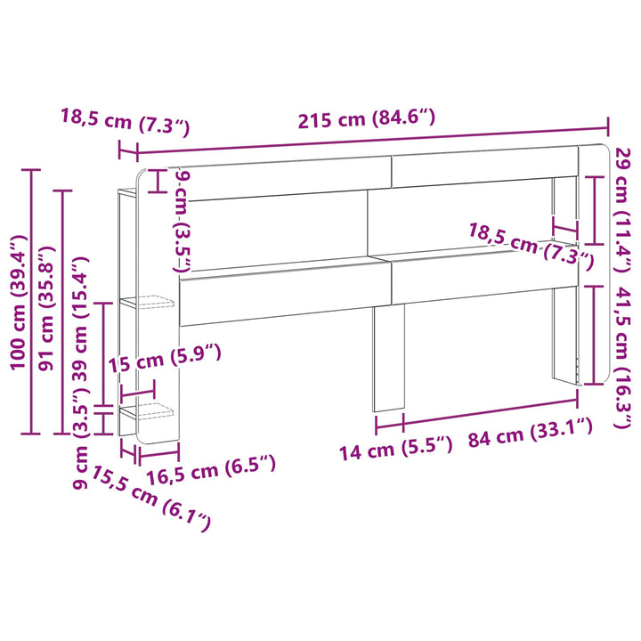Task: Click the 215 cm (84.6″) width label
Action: pos(367,118)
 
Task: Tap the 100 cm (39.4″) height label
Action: pos(19,303)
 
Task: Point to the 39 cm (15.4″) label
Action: pos(80,319)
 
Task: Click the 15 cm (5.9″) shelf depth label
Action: pos(165,358)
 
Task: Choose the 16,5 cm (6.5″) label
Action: pos(211,469)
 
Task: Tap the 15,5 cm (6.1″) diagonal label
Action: pos(150,498)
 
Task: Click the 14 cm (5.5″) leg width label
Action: pos(396,448)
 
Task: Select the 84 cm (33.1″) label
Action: pos(531,433)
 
